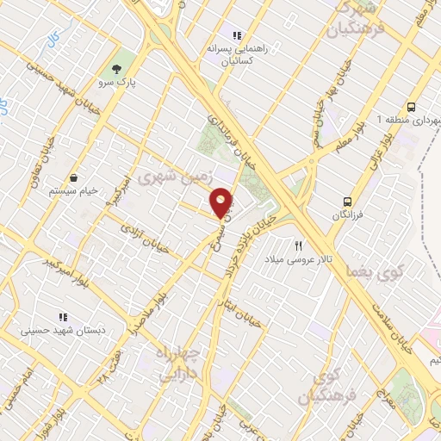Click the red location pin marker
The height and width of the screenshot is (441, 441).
click(222, 203)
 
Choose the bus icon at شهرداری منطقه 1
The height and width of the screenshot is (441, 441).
click(411, 107)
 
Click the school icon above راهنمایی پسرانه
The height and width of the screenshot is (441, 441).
click(237, 35)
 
